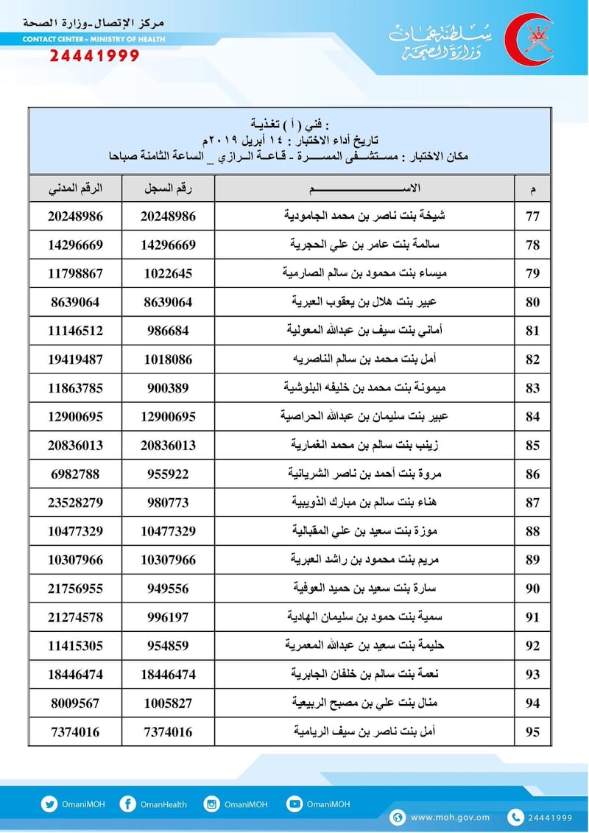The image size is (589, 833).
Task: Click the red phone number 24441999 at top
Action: point(94,56)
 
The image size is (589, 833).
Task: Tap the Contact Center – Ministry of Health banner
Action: point(94,39)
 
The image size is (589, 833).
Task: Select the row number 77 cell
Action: point(532,217)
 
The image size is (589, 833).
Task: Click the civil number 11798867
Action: point(76,273)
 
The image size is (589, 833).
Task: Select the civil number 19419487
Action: point(76,359)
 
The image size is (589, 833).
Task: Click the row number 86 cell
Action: point(532,474)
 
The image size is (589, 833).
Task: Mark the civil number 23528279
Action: point(76,502)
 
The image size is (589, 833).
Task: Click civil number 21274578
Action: point(76,616)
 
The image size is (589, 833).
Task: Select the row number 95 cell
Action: point(532,731)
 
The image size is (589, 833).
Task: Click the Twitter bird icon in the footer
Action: point(49,805)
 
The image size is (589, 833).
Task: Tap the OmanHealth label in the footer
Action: point(163,805)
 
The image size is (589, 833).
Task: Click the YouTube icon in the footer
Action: point(294,805)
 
